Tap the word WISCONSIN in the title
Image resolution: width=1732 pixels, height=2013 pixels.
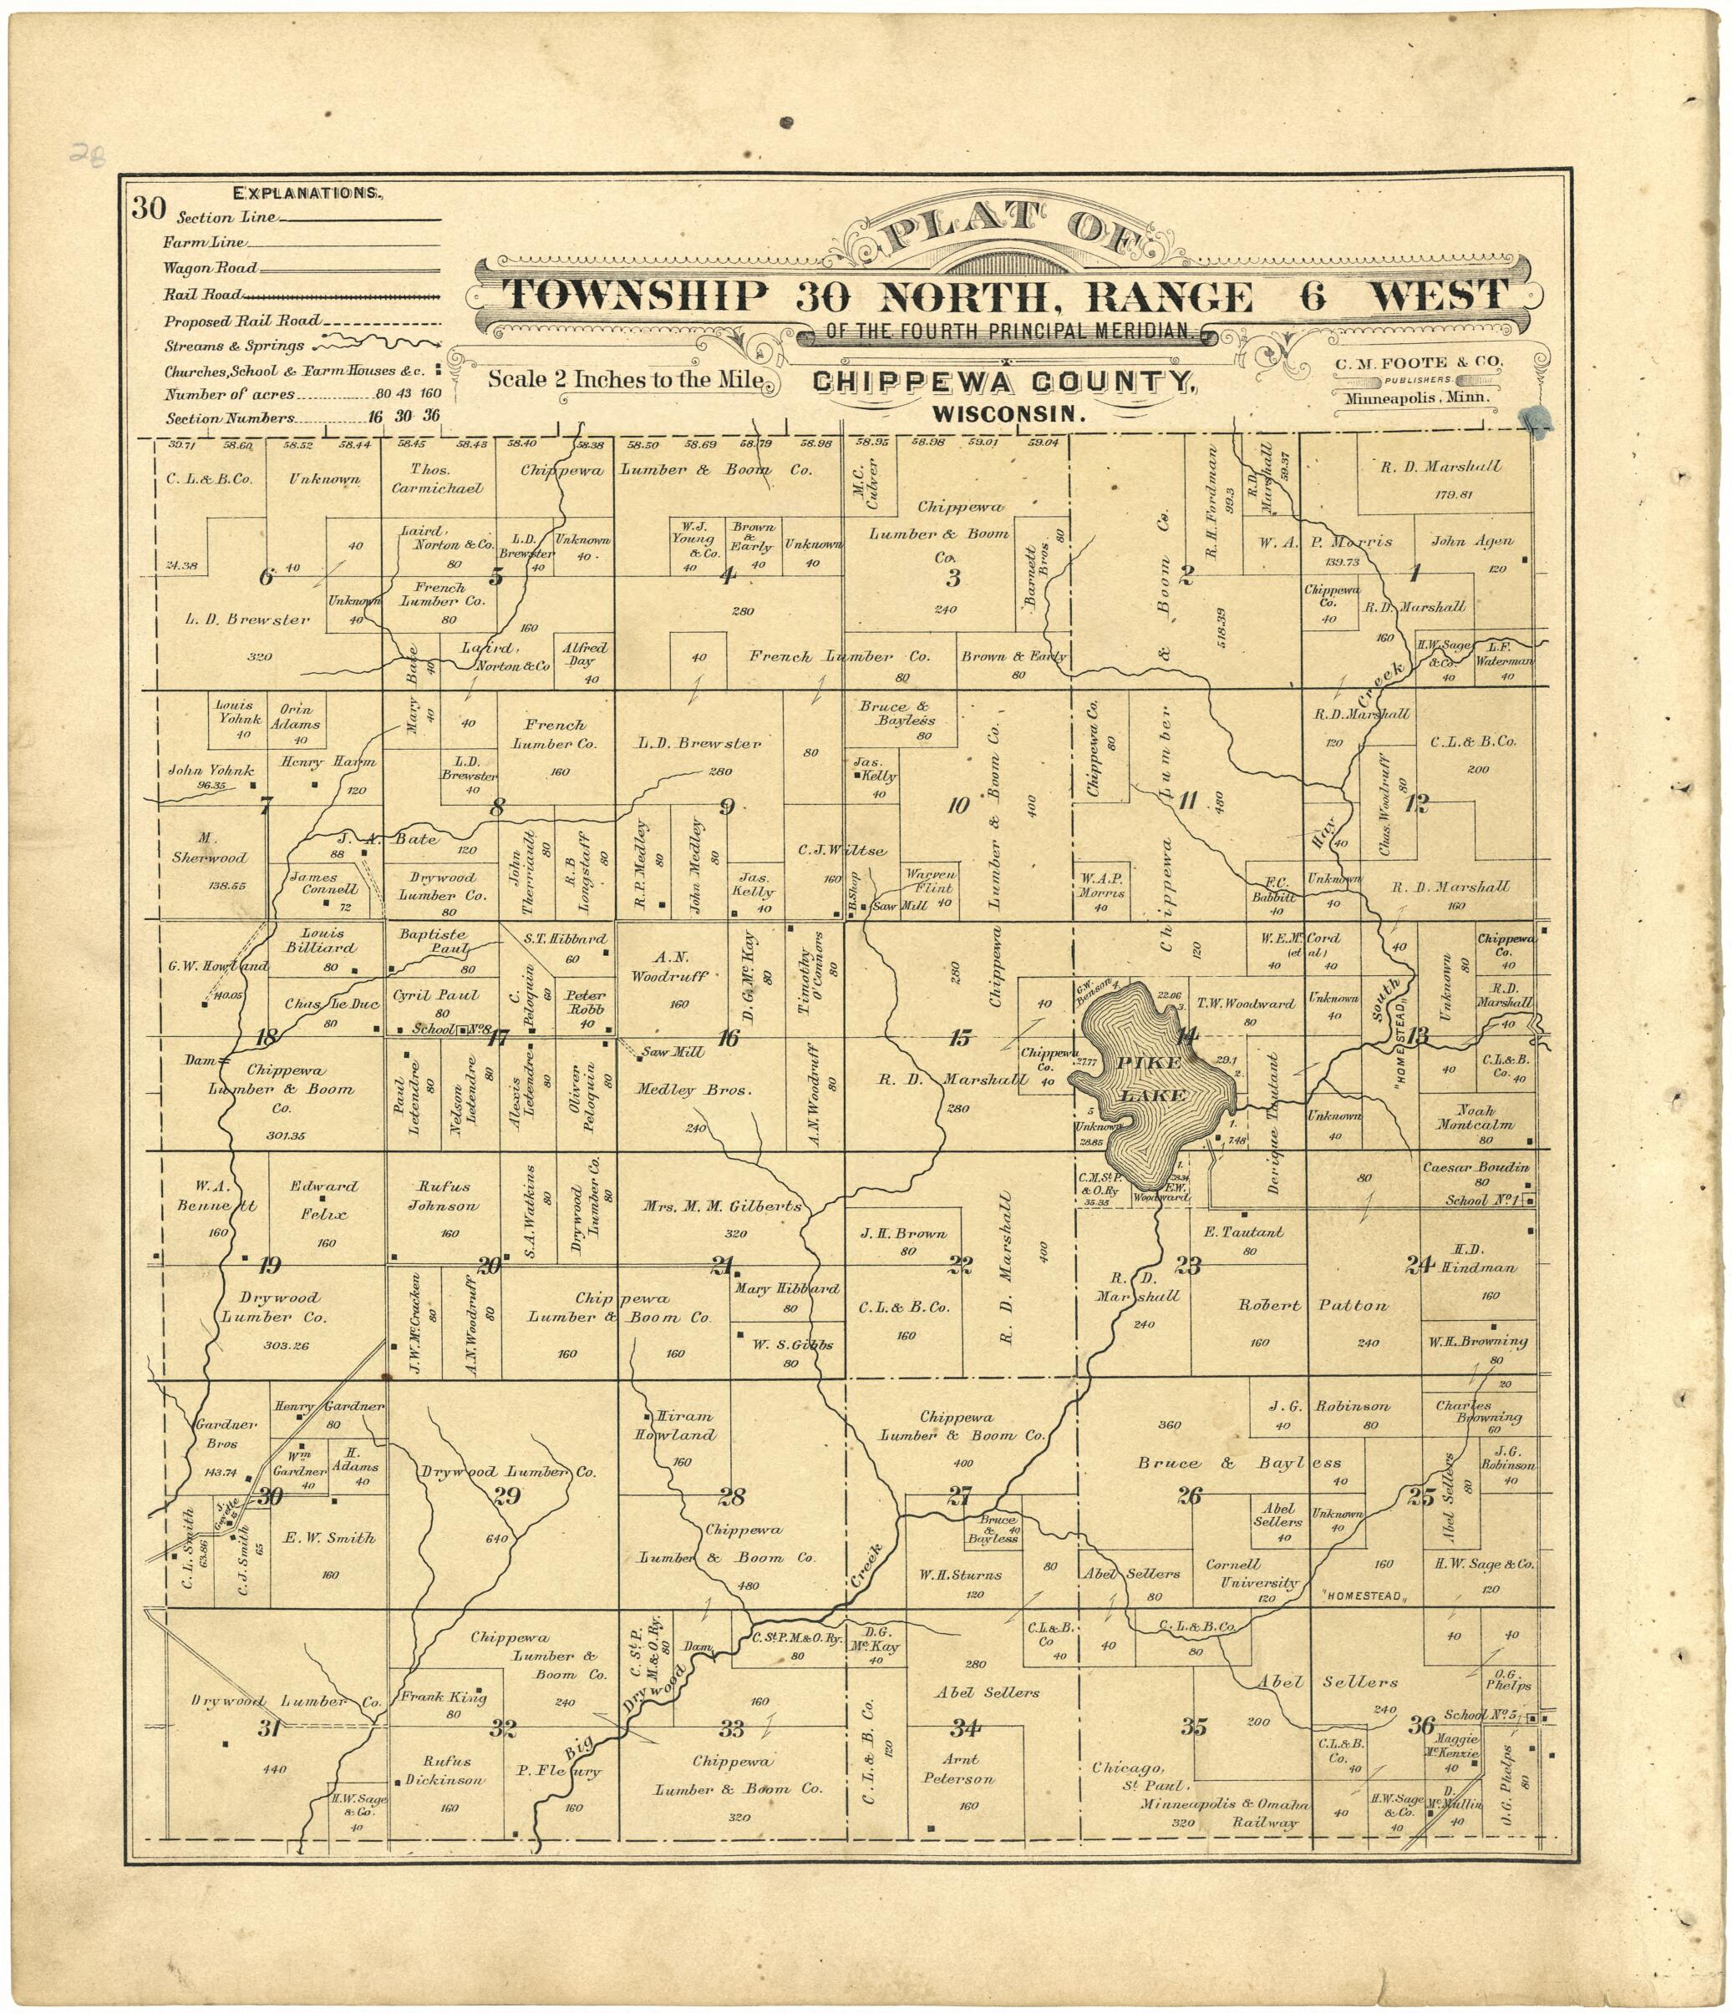[1008, 414]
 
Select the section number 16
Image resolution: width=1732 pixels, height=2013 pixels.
[728, 1039]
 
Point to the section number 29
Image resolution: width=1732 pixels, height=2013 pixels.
[507, 1496]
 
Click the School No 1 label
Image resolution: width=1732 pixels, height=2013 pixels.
[1481, 1201]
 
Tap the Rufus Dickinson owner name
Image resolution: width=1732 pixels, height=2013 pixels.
[446, 1770]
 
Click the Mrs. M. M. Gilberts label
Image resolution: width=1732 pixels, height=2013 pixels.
[722, 1206]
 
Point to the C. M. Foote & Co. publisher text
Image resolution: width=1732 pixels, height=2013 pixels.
[1418, 362]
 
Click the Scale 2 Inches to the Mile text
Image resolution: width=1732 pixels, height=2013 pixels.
[625, 379]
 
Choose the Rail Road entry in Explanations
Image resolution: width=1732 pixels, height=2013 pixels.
[202, 295]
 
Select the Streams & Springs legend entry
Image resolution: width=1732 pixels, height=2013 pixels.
[233, 346]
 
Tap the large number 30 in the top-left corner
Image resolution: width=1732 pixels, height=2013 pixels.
[149, 208]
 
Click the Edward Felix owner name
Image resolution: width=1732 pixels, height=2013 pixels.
[323, 1200]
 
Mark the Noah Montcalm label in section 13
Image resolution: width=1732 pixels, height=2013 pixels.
[1475, 1118]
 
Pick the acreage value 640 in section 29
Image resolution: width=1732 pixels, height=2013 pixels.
[495, 1539]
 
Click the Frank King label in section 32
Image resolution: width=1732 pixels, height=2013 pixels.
[444, 1697]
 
